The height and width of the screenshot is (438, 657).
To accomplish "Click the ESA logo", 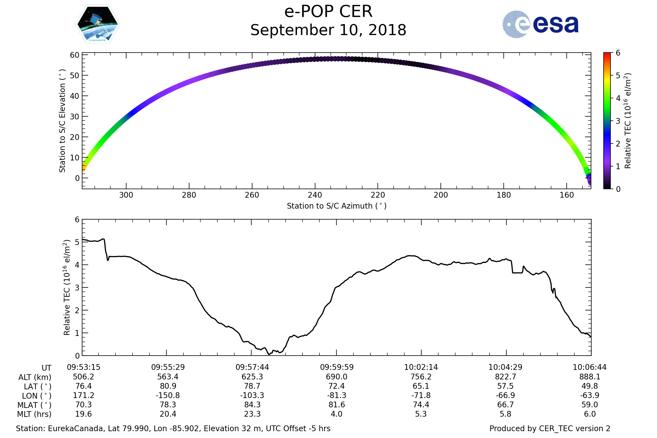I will pyautogui.click(x=540, y=24).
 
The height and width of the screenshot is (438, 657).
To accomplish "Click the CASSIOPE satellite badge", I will pyautogui.click(x=97, y=24).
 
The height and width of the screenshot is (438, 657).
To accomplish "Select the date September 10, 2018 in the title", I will pyautogui.click(x=328, y=30).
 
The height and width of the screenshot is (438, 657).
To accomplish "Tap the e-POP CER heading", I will pyautogui.click(x=328, y=11).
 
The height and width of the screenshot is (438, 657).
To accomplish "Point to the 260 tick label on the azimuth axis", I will pyautogui.click(x=252, y=195).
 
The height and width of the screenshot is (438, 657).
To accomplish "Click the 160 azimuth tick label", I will pyautogui.click(x=566, y=195).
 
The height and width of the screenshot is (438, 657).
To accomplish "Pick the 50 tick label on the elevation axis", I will pyautogui.click(x=74, y=76).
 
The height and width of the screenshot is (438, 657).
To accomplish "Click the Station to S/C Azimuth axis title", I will pyautogui.click(x=337, y=206).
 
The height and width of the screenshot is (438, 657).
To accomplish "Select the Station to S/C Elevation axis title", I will pyautogui.click(x=62, y=121).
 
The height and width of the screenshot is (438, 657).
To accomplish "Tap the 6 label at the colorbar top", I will pyautogui.click(x=618, y=53).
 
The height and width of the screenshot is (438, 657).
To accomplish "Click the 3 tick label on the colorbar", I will pyautogui.click(x=618, y=121).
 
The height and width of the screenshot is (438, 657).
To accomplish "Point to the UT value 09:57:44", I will pyautogui.click(x=252, y=367).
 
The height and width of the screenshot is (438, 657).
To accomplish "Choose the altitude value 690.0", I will pyautogui.click(x=337, y=377).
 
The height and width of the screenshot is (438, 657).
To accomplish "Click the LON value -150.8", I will pyautogui.click(x=168, y=396).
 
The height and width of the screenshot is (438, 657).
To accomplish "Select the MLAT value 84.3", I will pyautogui.click(x=252, y=405).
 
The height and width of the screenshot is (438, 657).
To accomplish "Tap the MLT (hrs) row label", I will pyautogui.click(x=34, y=414).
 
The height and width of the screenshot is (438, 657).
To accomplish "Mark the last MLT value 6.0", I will pyautogui.click(x=590, y=414).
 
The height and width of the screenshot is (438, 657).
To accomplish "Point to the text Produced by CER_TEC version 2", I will pyautogui.click(x=550, y=429).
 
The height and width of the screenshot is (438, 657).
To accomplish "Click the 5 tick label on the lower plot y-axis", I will pyautogui.click(x=77, y=242).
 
